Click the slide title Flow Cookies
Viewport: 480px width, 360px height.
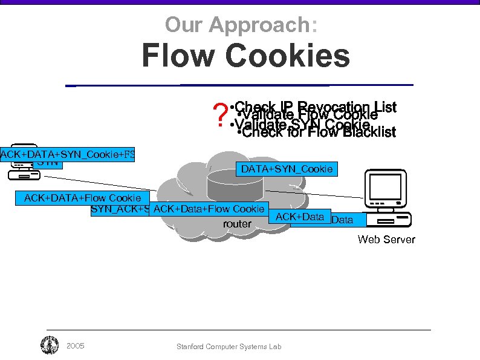tap(245, 56)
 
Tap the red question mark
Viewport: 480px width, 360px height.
tap(221, 114)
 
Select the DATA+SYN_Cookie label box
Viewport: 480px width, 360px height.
tap(287, 169)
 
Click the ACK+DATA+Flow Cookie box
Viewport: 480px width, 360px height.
tap(82, 197)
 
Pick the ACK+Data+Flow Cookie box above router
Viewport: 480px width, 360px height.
tap(209, 209)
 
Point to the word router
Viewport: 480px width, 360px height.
tap(237, 224)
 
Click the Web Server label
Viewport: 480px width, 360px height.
tap(386, 239)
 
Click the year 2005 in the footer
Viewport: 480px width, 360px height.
tap(75, 346)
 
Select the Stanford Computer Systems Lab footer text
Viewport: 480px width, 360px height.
tap(229, 347)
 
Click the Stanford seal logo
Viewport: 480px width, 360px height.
tap(49, 345)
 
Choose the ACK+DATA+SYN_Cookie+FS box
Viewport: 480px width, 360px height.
tap(67, 154)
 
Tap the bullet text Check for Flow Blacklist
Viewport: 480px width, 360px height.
tap(317, 132)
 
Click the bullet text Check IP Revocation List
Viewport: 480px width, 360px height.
tap(314, 107)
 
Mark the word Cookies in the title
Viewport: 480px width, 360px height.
tap(293, 56)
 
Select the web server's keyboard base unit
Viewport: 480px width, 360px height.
tap(392, 219)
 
